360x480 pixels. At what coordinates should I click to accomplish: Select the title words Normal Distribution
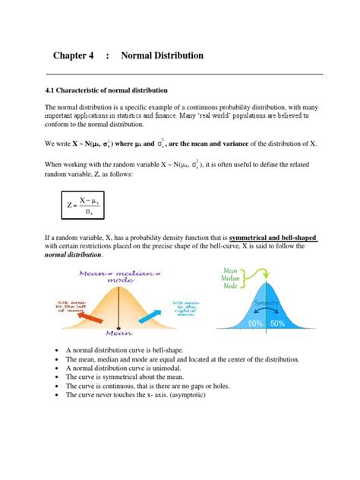pos(162,55)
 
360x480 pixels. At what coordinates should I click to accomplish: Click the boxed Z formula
pos(84,204)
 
